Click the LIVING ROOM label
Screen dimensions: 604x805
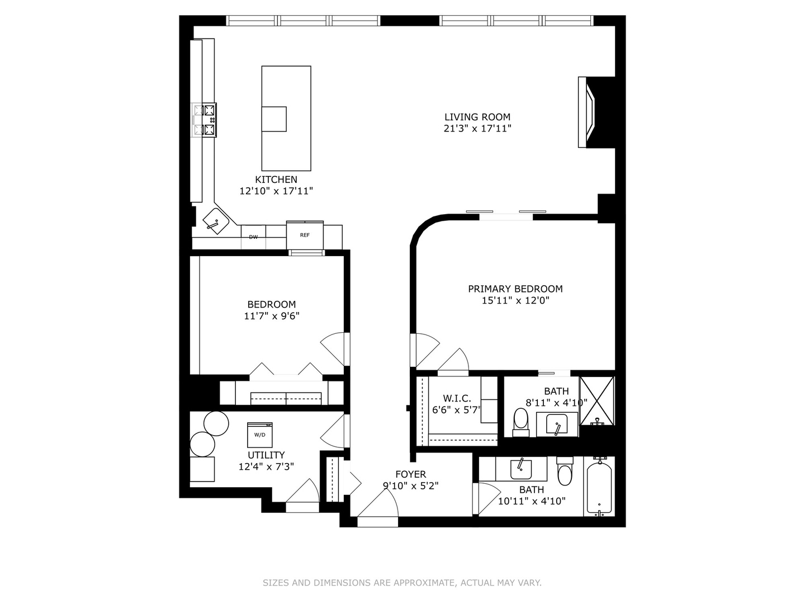[477, 117]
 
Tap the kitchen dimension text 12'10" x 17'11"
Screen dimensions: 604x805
[276, 191]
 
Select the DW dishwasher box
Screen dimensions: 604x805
[253, 237]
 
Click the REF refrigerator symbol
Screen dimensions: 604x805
[305, 235]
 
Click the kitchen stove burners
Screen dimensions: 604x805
[204, 120]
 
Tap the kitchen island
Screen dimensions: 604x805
[286, 118]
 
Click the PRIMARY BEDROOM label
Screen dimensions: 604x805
[515, 289]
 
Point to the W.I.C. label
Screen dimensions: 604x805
[457, 398]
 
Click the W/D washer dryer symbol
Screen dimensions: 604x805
[260, 435]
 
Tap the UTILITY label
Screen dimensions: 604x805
[266, 455]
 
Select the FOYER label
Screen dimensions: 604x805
[410, 474]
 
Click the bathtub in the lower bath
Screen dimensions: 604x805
[599, 486]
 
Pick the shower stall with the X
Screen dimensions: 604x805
[597, 400]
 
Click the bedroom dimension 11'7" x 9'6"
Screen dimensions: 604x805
[272, 316]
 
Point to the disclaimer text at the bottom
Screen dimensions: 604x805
[402, 583]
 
